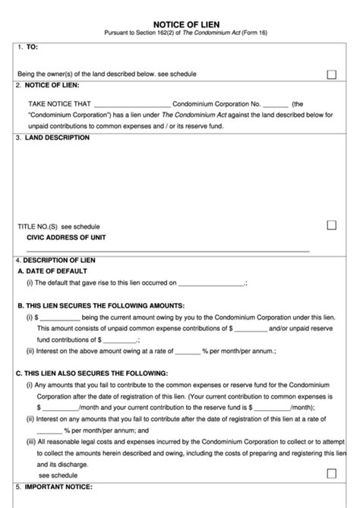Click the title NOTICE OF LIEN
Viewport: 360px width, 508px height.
(180, 24)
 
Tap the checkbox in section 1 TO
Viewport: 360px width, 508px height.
(331, 74)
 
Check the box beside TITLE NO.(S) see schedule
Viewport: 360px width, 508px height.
(331, 226)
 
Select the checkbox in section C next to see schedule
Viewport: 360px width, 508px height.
(331, 473)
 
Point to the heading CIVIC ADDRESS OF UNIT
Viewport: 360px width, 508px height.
(68, 237)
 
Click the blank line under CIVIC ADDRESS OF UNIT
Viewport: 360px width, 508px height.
(167, 250)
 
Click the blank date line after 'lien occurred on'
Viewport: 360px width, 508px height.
(211, 283)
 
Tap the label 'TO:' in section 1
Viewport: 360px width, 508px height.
(32, 47)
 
